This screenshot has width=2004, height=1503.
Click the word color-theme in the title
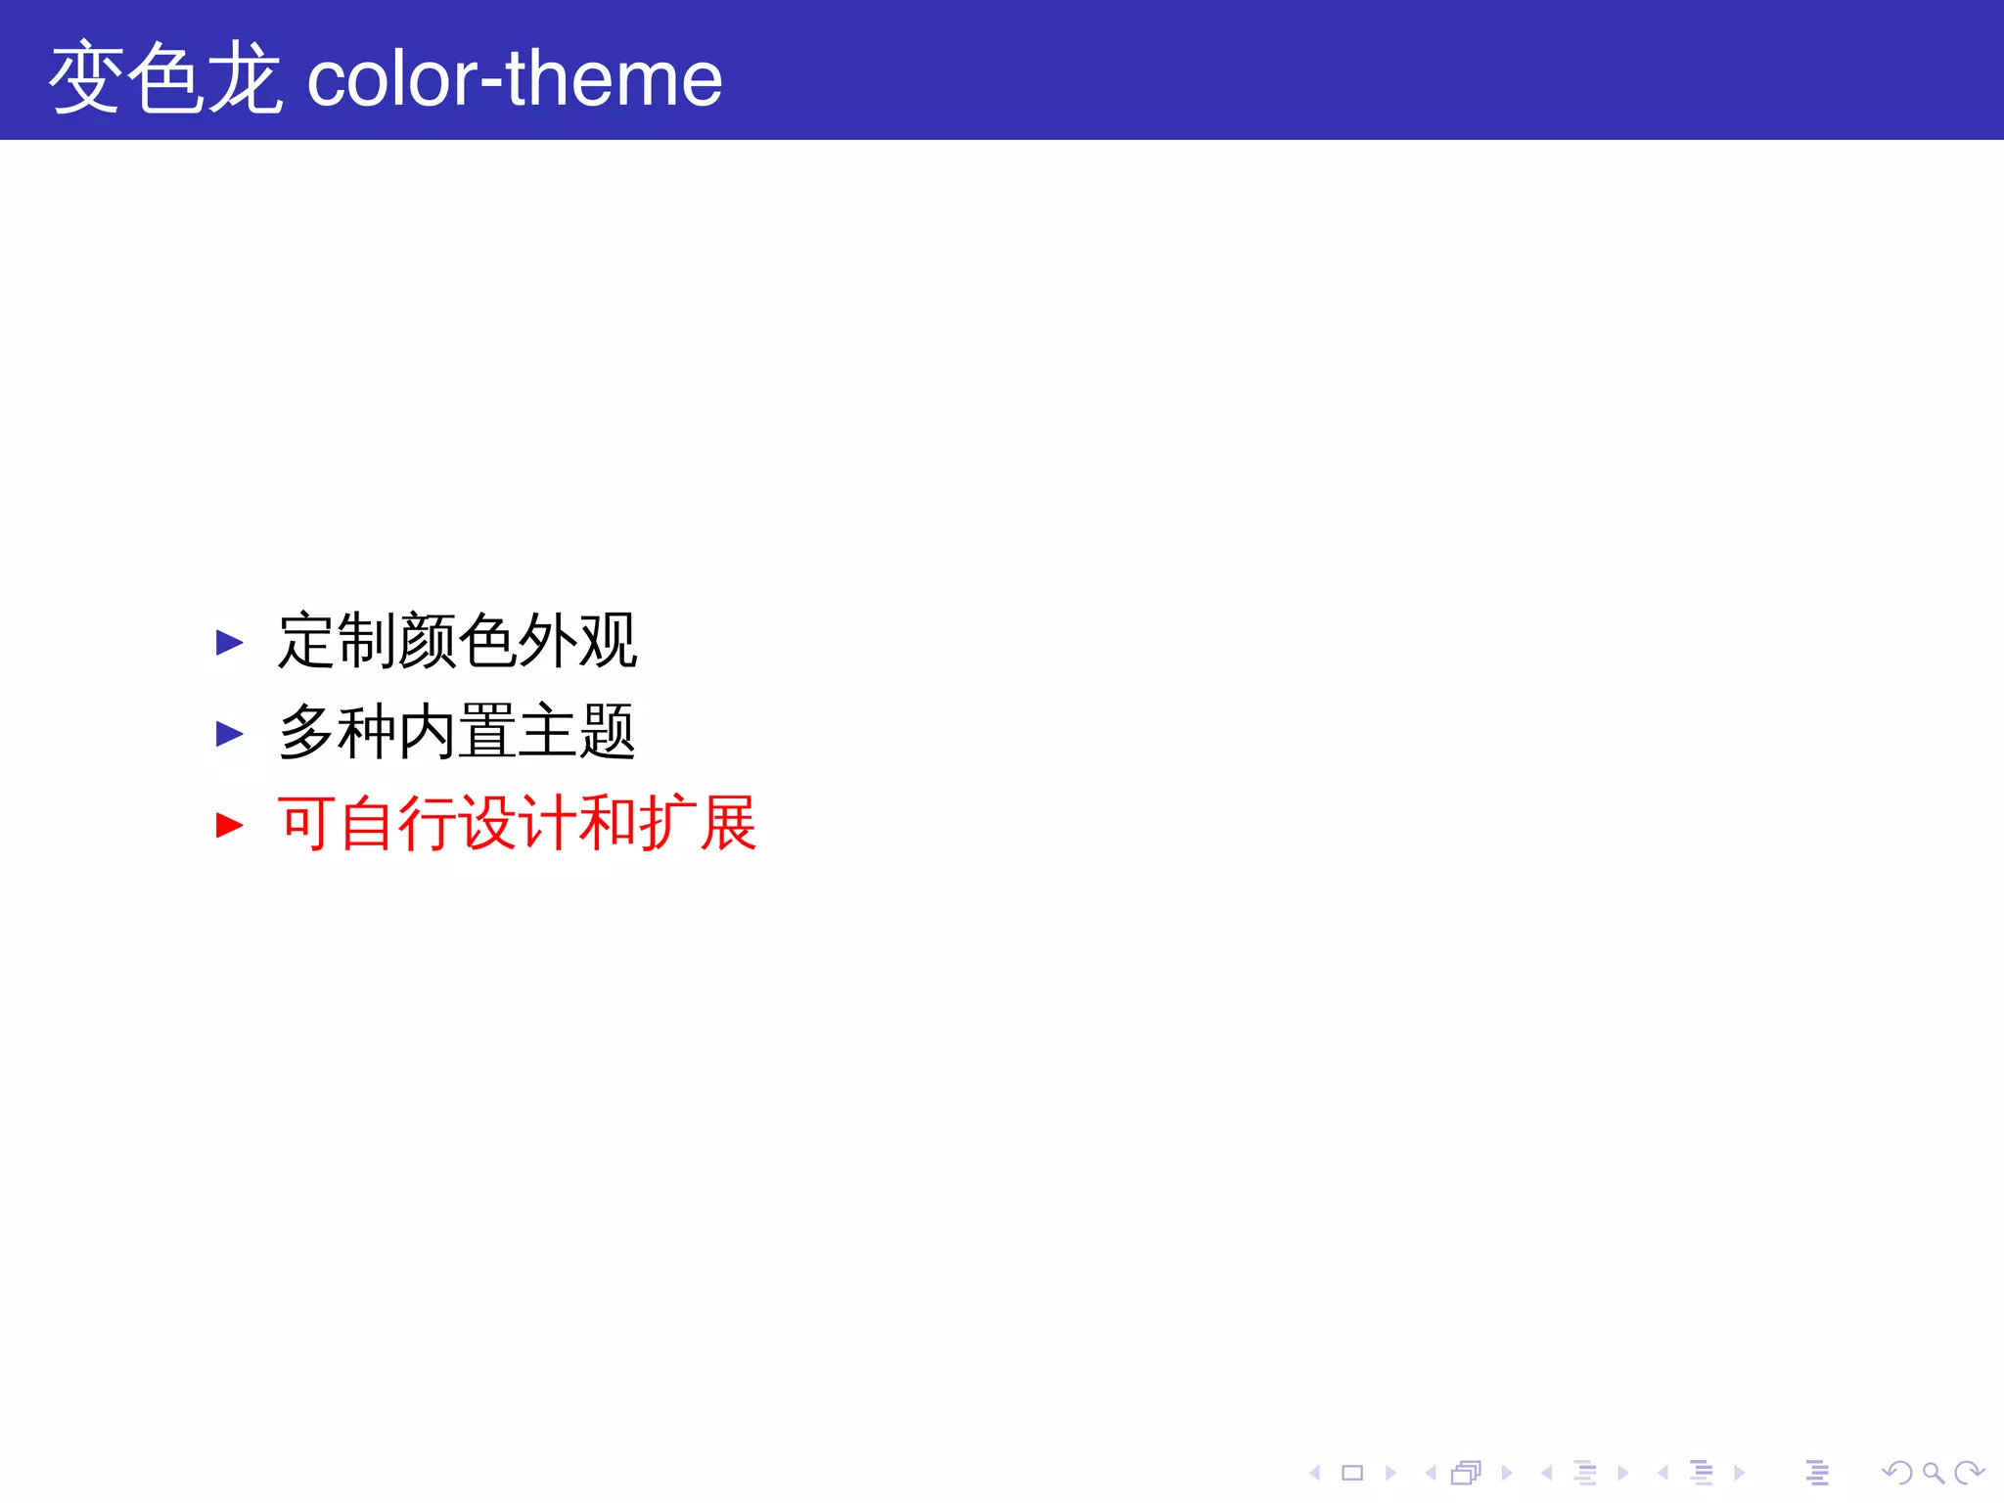pos(515,78)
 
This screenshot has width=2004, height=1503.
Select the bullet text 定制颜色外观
pos(457,641)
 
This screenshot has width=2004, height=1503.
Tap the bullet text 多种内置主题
pos(457,732)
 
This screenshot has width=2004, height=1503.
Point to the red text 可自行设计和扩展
pos(517,823)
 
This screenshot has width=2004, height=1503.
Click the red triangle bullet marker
pos(229,825)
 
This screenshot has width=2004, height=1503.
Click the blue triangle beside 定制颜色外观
pos(229,642)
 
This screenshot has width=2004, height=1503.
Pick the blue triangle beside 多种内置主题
pos(229,733)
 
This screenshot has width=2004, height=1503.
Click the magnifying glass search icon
pos(1933,1473)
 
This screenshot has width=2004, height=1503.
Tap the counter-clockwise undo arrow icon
pos(1897,1473)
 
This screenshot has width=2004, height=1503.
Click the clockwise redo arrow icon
pos(1968,1473)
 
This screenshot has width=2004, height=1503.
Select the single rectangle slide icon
pos(1352,1473)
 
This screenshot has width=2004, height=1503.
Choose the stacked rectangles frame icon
pos(1466,1473)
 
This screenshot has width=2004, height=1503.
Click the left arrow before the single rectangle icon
pos(1315,1473)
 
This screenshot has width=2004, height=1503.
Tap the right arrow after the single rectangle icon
pos(1390,1473)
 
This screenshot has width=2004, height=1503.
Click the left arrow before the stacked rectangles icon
pos(1430,1473)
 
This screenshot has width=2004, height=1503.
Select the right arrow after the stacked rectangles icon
pos(1507,1473)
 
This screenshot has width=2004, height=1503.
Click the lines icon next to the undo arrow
pos(1817,1473)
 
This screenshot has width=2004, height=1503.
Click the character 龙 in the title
pos(246,78)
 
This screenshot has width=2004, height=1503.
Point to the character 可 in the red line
pos(306,823)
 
